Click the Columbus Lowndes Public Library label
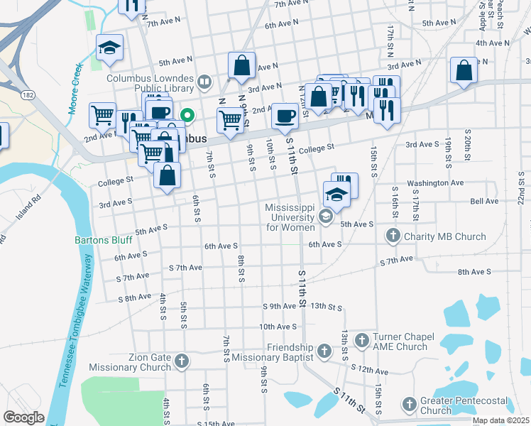[x=150, y=83]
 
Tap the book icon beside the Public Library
[x=204, y=82]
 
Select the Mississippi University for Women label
[x=290, y=217]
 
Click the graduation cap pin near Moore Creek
[x=109, y=48]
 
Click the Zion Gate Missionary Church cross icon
[x=182, y=362]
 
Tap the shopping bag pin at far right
[x=464, y=71]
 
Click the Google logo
[x=23, y=417]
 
